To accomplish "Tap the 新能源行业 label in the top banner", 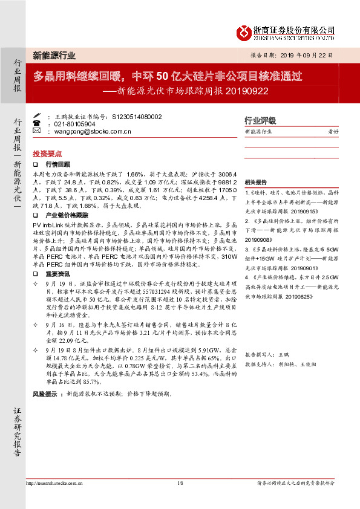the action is click(54, 56).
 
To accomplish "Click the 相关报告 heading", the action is click(255, 182).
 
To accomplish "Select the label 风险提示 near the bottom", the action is click(45, 377).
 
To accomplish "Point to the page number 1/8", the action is click(180, 484).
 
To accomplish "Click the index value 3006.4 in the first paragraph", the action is click(206, 172).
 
